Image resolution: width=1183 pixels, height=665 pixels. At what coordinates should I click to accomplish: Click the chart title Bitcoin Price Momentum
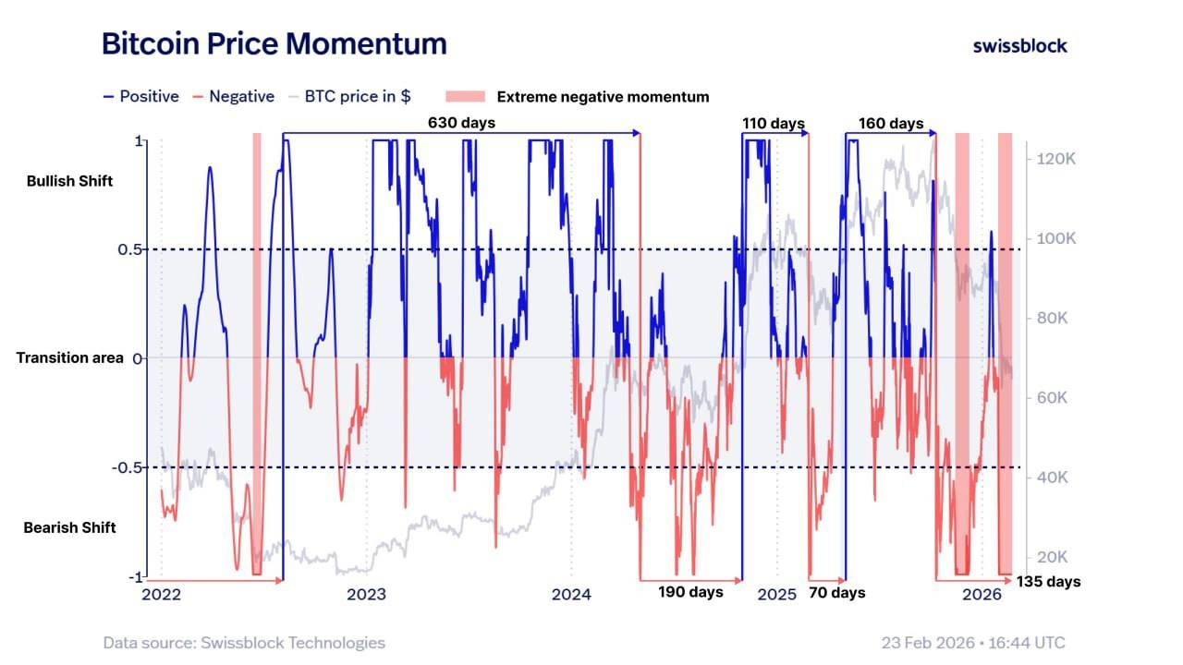tap(274, 43)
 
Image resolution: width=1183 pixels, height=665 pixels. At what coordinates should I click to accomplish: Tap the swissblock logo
tap(1019, 45)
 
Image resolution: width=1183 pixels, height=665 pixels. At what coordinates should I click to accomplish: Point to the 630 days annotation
tap(461, 123)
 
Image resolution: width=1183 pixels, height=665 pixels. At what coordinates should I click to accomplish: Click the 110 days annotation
tap(774, 124)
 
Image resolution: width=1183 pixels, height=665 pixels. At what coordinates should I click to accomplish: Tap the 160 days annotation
tap(891, 124)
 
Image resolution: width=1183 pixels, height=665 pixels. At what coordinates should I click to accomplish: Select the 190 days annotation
tap(690, 592)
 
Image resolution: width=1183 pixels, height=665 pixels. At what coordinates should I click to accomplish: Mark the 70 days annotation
tap(836, 592)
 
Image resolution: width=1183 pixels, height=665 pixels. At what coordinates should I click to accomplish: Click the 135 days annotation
tap(1048, 582)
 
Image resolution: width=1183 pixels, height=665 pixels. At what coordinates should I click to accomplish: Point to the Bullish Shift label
tap(70, 181)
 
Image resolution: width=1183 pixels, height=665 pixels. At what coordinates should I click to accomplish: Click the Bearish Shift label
tap(70, 527)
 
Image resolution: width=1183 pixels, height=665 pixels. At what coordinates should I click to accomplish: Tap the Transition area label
tap(70, 357)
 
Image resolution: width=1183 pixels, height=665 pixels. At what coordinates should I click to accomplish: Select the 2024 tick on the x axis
tap(571, 595)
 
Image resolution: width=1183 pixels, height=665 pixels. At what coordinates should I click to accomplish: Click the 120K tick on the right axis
tap(1057, 159)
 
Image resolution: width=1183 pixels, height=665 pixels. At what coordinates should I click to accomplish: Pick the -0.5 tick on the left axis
tap(128, 467)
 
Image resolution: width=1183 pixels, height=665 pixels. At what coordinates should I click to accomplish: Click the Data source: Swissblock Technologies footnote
tap(244, 643)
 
